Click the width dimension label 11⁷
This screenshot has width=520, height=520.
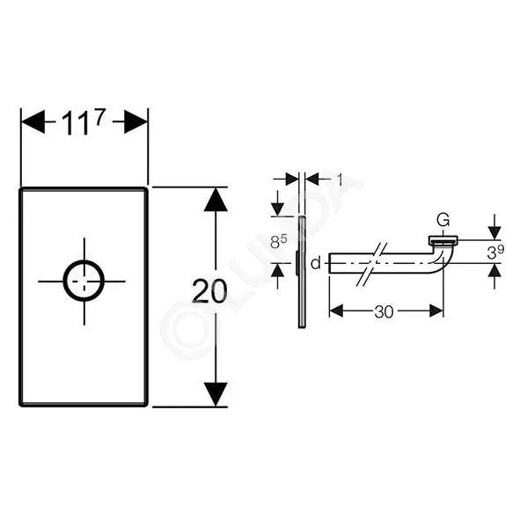[x=84, y=122]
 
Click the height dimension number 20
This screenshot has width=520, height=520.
[x=209, y=291]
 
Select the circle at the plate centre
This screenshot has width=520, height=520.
[x=84, y=281]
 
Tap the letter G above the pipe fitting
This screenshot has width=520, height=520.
[x=443, y=220]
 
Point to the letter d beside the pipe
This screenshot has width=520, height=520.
[x=316, y=263]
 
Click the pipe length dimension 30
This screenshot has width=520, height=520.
[x=384, y=311]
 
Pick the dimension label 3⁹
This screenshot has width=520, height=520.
[x=495, y=253]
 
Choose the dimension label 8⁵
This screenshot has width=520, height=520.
[x=279, y=241]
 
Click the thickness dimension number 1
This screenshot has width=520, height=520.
[x=340, y=179]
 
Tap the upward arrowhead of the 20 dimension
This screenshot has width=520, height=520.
[x=216, y=200]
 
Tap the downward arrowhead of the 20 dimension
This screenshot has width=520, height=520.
[x=216, y=394]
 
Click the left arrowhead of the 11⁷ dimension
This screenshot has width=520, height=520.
[x=33, y=122]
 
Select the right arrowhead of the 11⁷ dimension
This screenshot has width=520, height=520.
[x=136, y=122]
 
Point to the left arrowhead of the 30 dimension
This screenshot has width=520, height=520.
[x=336, y=311]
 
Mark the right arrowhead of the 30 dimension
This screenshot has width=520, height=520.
[x=436, y=311]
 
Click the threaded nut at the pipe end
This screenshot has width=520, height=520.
[x=443, y=240]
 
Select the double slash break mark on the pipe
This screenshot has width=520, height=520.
[x=372, y=264]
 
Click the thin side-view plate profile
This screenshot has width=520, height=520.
[x=302, y=272]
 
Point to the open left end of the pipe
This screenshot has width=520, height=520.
[x=329, y=263]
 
